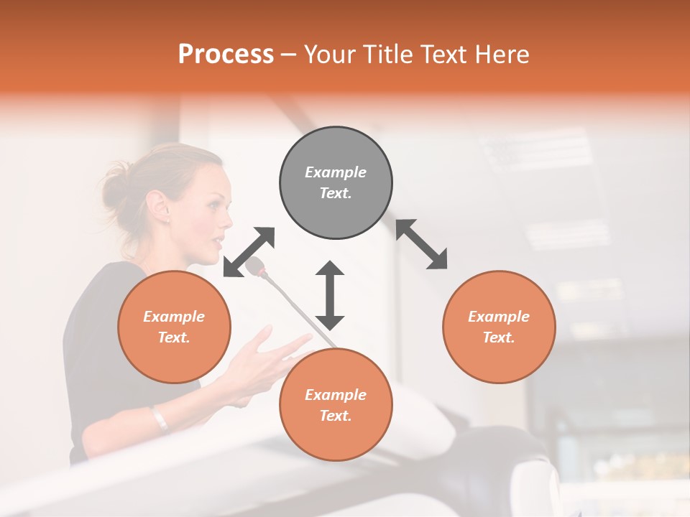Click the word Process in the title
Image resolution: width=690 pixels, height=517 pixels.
click(x=226, y=55)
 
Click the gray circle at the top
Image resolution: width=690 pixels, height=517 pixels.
click(x=336, y=182)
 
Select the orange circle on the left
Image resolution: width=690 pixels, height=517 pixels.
click(x=174, y=327)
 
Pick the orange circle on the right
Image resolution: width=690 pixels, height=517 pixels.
click(x=499, y=327)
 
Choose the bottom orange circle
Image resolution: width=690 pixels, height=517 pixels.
click(x=336, y=405)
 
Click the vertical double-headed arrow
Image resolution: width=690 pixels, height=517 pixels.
click(x=330, y=294)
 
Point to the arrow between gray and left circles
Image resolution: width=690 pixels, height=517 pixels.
click(x=249, y=252)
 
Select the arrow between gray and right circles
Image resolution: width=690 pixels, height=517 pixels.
click(x=422, y=244)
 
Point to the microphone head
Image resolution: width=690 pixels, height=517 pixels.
click(x=255, y=268)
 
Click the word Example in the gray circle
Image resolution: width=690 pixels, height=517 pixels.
click(x=336, y=172)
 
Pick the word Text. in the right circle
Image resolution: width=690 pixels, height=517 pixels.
click(x=499, y=337)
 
